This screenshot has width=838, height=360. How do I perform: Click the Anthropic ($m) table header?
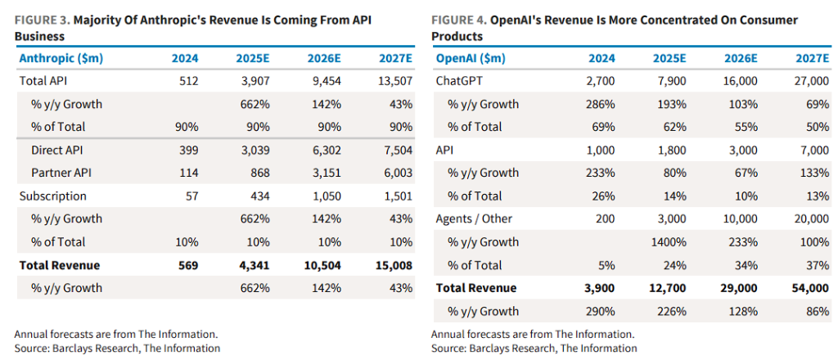pyautogui.click(x=56, y=59)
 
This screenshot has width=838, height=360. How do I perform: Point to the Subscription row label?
pyautogui.click(x=54, y=196)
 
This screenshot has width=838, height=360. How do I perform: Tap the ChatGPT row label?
pyautogui.click(x=462, y=82)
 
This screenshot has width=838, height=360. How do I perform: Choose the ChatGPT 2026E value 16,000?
pyautogui.click(x=741, y=82)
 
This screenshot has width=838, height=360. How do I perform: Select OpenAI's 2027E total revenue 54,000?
pyautogui.click(x=810, y=288)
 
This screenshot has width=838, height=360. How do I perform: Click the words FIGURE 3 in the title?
pyautogui.click(x=39, y=19)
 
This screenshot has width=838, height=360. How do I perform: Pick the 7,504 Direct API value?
pyautogui.click(x=396, y=151)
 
